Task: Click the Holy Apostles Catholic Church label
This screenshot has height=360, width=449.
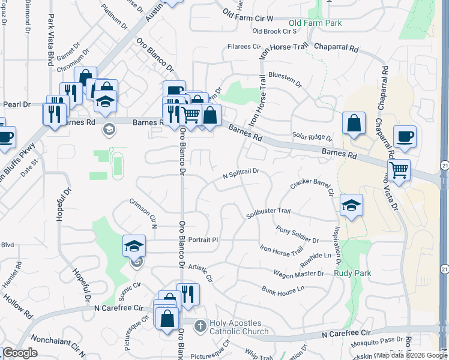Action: coord(239,327)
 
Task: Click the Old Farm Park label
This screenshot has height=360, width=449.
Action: coord(315,23)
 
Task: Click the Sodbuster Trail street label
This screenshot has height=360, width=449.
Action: coord(268,212)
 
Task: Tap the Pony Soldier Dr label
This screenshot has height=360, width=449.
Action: coord(297,235)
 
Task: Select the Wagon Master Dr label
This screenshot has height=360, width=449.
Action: coord(298,274)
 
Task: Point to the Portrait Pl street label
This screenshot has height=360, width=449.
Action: coord(202,239)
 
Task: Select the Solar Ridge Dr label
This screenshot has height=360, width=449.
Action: coord(312,137)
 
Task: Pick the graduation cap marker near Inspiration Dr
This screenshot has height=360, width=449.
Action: coord(351,206)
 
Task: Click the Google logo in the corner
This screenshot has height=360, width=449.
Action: coord(19,353)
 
